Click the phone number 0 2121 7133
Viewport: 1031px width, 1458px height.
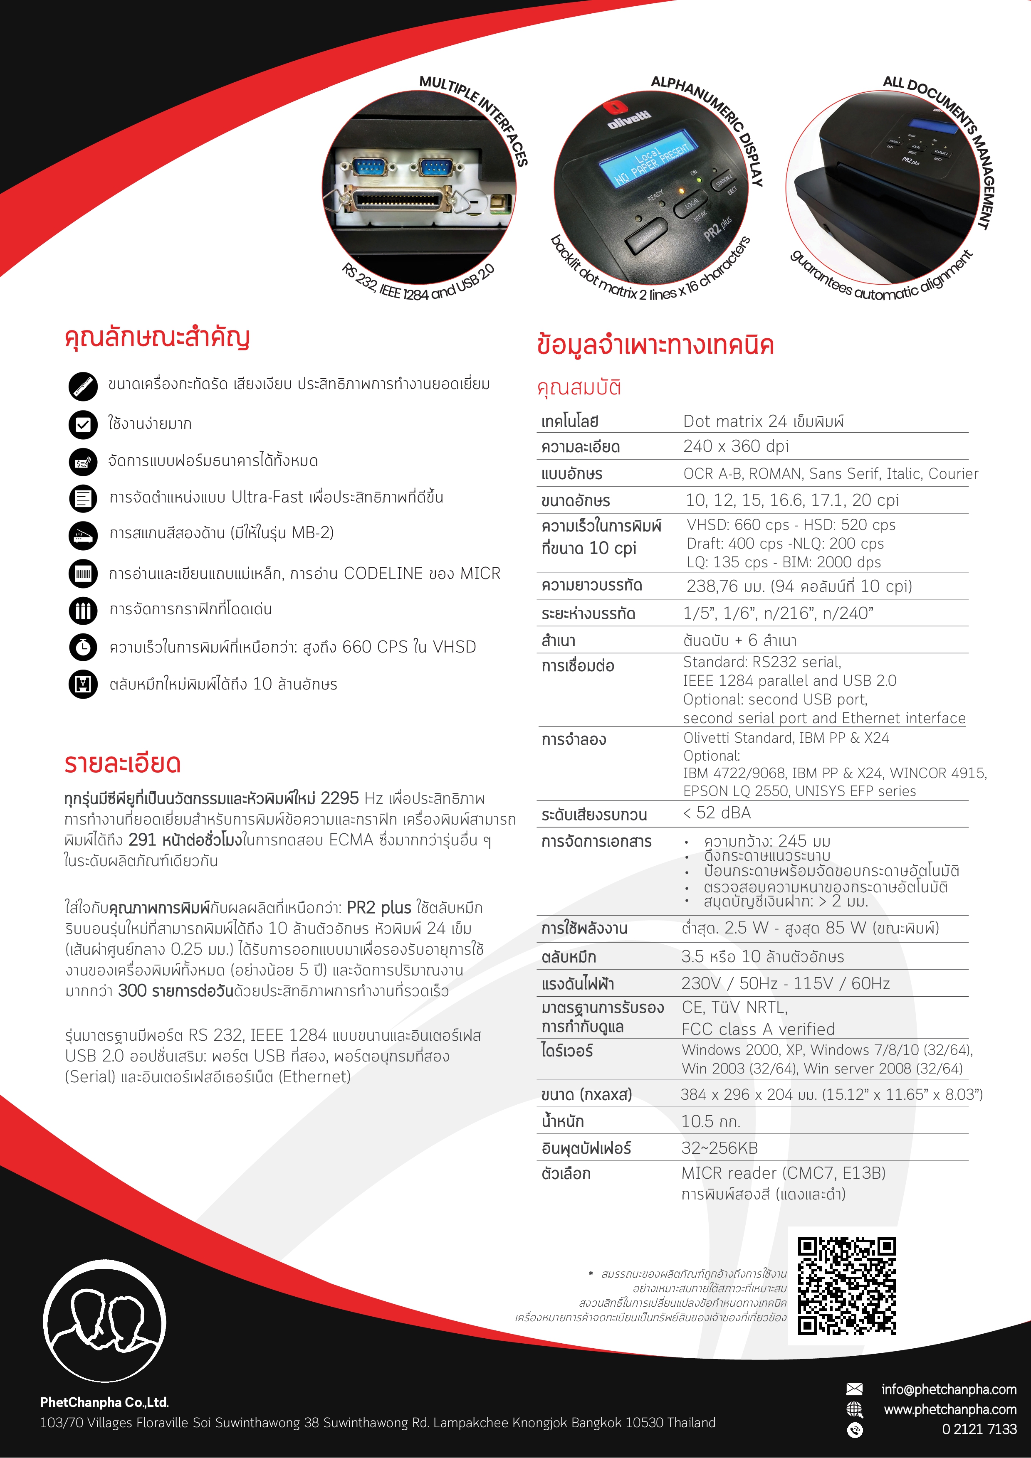[979, 1429]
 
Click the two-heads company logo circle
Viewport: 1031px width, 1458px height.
[105, 1320]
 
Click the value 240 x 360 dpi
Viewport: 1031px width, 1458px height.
[736, 446]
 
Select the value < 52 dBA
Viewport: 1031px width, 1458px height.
[717, 813]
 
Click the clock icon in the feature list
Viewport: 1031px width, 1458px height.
[83, 647]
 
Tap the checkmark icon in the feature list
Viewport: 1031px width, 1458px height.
[83, 424]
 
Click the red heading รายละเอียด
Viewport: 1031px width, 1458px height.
[123, 763]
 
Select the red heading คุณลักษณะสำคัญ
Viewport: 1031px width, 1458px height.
[157, 337]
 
